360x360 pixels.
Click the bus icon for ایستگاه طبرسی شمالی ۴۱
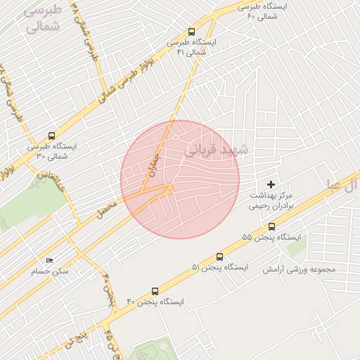tap(191, 32)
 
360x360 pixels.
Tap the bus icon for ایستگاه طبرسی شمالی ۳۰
tap(51, 136)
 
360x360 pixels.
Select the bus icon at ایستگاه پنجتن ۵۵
tap(272, 226)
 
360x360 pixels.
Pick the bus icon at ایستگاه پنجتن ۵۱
tap(220, 257)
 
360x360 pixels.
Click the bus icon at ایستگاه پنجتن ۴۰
tap(155, 290)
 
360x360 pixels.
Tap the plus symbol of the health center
tap(271, 184)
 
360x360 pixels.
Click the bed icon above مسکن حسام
tap(49, 260)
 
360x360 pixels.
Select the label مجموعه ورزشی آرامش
tap(300, 269)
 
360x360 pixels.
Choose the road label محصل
tap(106, 206)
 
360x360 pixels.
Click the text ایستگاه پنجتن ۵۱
tap(219, 268)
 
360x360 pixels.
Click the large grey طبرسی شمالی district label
tap(42, 20)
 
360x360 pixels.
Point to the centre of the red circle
tap(180, 179)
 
